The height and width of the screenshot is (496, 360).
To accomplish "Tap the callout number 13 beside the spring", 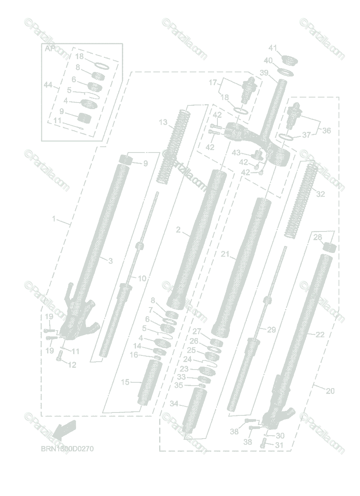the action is [x=163, y=122].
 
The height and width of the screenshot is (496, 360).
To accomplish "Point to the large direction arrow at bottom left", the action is [x=64, y=429].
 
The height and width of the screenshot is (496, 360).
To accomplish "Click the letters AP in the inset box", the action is [x=50, y=48].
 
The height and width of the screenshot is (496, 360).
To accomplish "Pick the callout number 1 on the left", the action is [x=54, y=219].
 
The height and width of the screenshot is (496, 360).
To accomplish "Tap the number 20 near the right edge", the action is [x=330, y=391].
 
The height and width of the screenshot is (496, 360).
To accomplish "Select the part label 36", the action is [x=327, y=131].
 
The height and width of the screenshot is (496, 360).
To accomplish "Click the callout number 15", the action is [x=125, y=382].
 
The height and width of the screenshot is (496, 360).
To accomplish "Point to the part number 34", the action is [x=174, y=403].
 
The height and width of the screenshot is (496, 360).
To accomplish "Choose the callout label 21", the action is [x=225, y=255].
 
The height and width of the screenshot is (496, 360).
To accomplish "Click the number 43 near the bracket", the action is [x=236, y=153].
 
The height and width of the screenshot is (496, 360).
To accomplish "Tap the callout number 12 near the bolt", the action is [x=72, y=365].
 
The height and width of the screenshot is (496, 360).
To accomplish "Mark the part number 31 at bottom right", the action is [x=280, y=445].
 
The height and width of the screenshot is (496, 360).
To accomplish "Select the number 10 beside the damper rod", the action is [x=141, y=278].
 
